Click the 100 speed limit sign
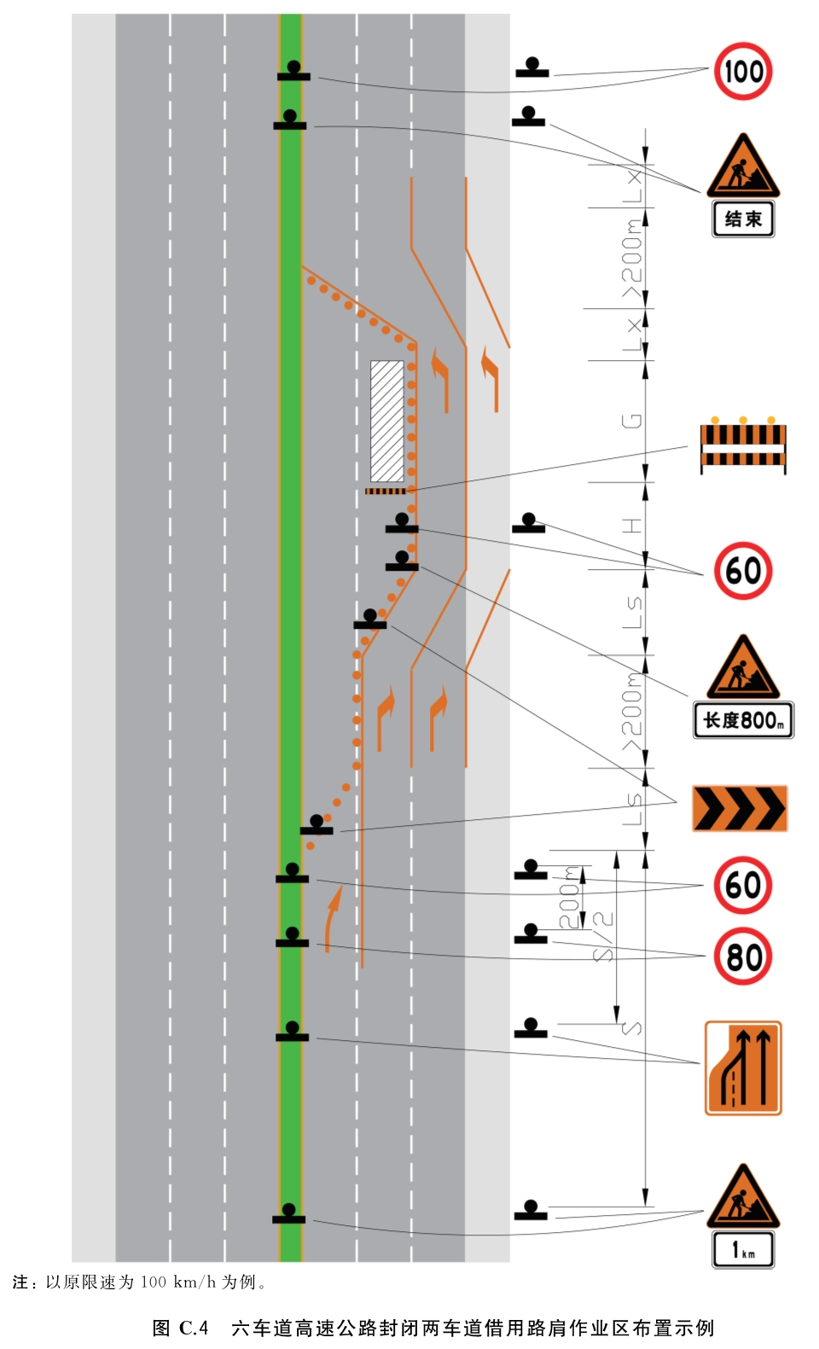coord(743,72)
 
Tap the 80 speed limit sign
coord(743,957)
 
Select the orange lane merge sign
coord(743,1067)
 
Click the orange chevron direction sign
coord(741,808)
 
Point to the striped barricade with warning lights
coord(743,445)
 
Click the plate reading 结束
coord(743,219)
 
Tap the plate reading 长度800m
coord(743,719)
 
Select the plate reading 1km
coord(743,1250)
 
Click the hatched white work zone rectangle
coord(387,421)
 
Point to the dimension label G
coord(631,421)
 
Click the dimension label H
coord(631,526)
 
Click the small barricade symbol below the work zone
coord(386,491)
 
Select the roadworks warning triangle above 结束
coord(743,166)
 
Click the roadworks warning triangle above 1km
coord(743,1196)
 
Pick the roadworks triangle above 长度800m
coord(743,666)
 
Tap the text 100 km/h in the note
coord(177,1282)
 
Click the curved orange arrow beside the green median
coord(332,919)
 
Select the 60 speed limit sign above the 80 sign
coord(743,886)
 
